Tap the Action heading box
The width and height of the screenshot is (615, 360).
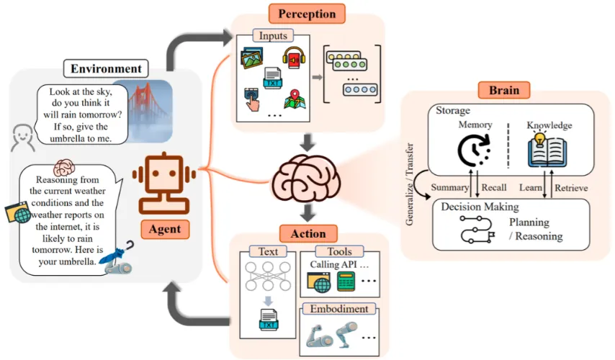[x=308, y=233]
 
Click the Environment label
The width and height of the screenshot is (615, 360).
[x=106, y=69]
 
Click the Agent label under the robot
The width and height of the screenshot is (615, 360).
[x=166, y=229]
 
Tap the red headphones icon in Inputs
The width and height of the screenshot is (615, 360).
[x=292, y=58]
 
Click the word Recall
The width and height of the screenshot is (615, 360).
[x=494, y=188]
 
